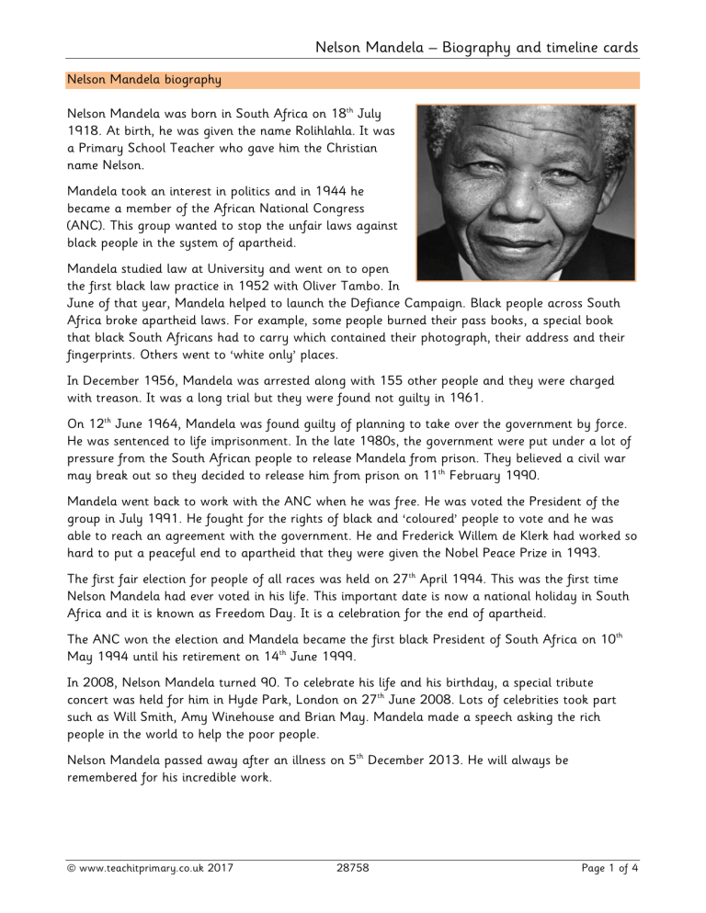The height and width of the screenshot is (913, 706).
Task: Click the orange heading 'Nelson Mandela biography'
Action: click(143, 80)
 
